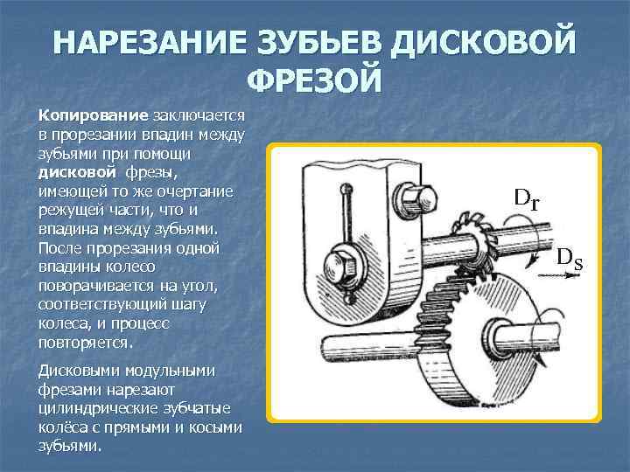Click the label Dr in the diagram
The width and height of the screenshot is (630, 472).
coord(527,198)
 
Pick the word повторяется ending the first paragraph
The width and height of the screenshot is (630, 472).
coord(85,342)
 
